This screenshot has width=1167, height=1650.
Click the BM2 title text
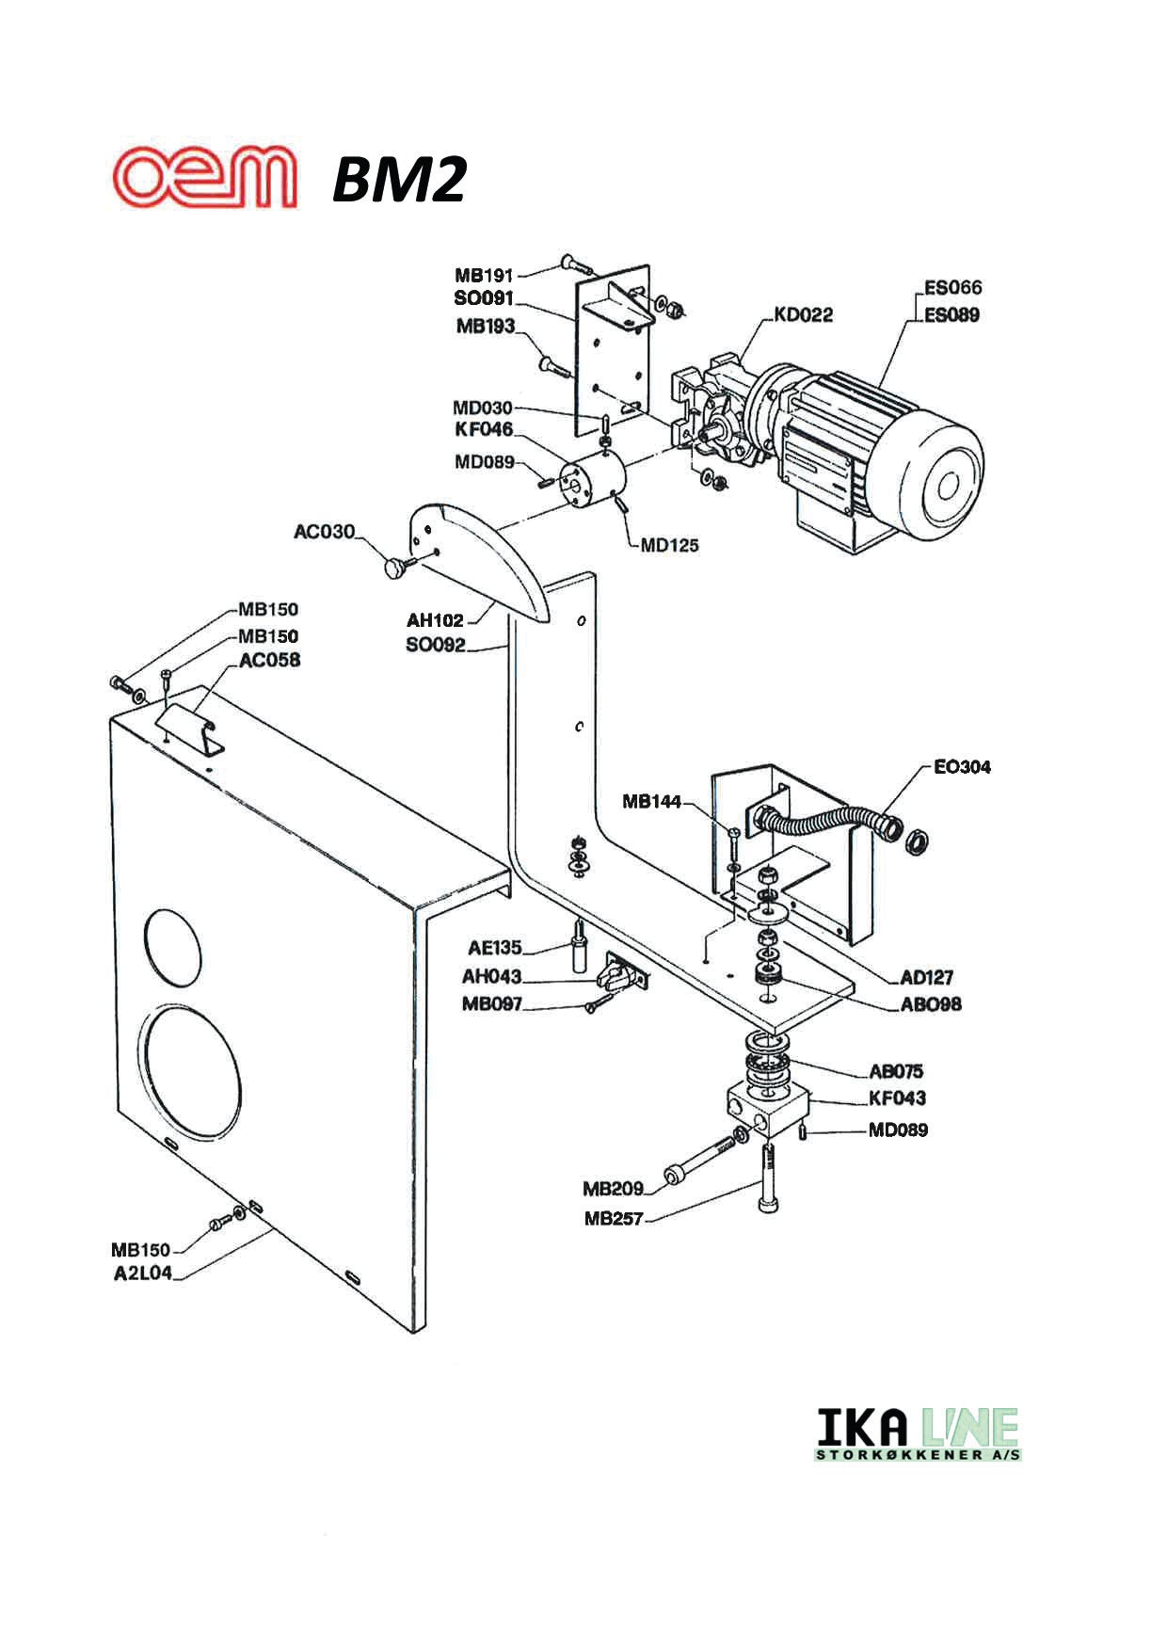[x=399, y=180]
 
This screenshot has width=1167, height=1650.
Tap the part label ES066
[x=951, y=287]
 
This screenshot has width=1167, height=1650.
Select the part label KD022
[x=803, y=314]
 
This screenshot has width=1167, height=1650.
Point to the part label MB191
[x=484, y=276]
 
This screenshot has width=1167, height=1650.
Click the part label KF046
[x=484, y=429]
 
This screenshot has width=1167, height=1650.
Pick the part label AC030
[x=325, y=532]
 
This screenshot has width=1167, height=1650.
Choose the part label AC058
[x=269, y=660]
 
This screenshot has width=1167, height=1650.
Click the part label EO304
[x=962, y=766]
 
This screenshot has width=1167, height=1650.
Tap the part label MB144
[x=651, y=802]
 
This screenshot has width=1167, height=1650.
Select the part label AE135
[x=494, y=948]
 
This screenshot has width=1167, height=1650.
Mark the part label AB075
[x=895, y=1071]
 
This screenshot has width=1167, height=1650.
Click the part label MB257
[x=613, y=1219]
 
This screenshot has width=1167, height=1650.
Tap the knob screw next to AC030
[x=396, y=568]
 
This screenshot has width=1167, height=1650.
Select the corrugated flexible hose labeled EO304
[x=823, y=825]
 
